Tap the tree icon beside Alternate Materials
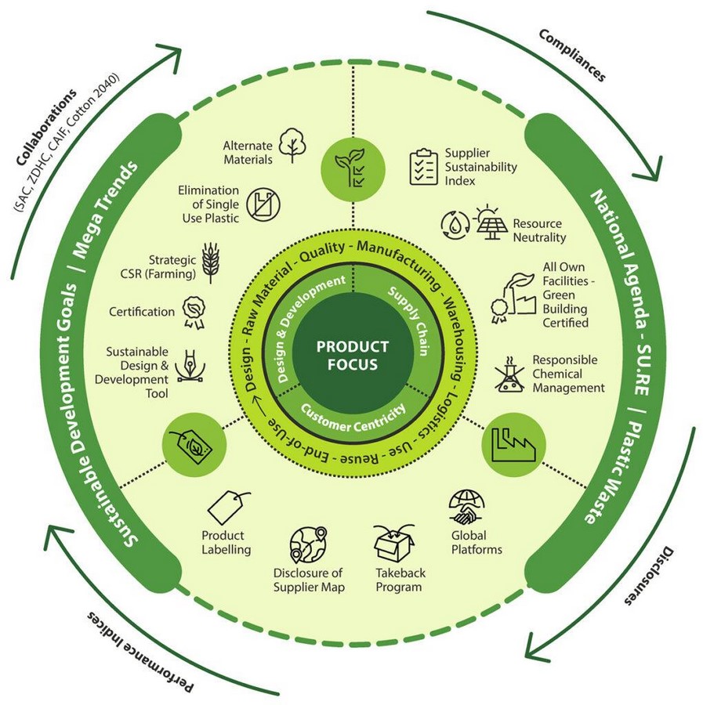[x=293, y=145]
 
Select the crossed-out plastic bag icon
[x=263, y=204]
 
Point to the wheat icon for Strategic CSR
[x=211, y=262]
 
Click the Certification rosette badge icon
[x=194, y=311]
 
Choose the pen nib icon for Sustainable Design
[x=188, y=366]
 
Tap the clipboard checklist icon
[x=423, y=167]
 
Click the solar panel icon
[x=491, y=222]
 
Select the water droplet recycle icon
[x=455, y=224]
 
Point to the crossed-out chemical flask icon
[x=509, y=374]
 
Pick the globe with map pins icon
[x=308, y=545]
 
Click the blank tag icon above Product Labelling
[x=227, y=508]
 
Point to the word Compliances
[x=572, y=56]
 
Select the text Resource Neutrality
[x=539, y=230]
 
